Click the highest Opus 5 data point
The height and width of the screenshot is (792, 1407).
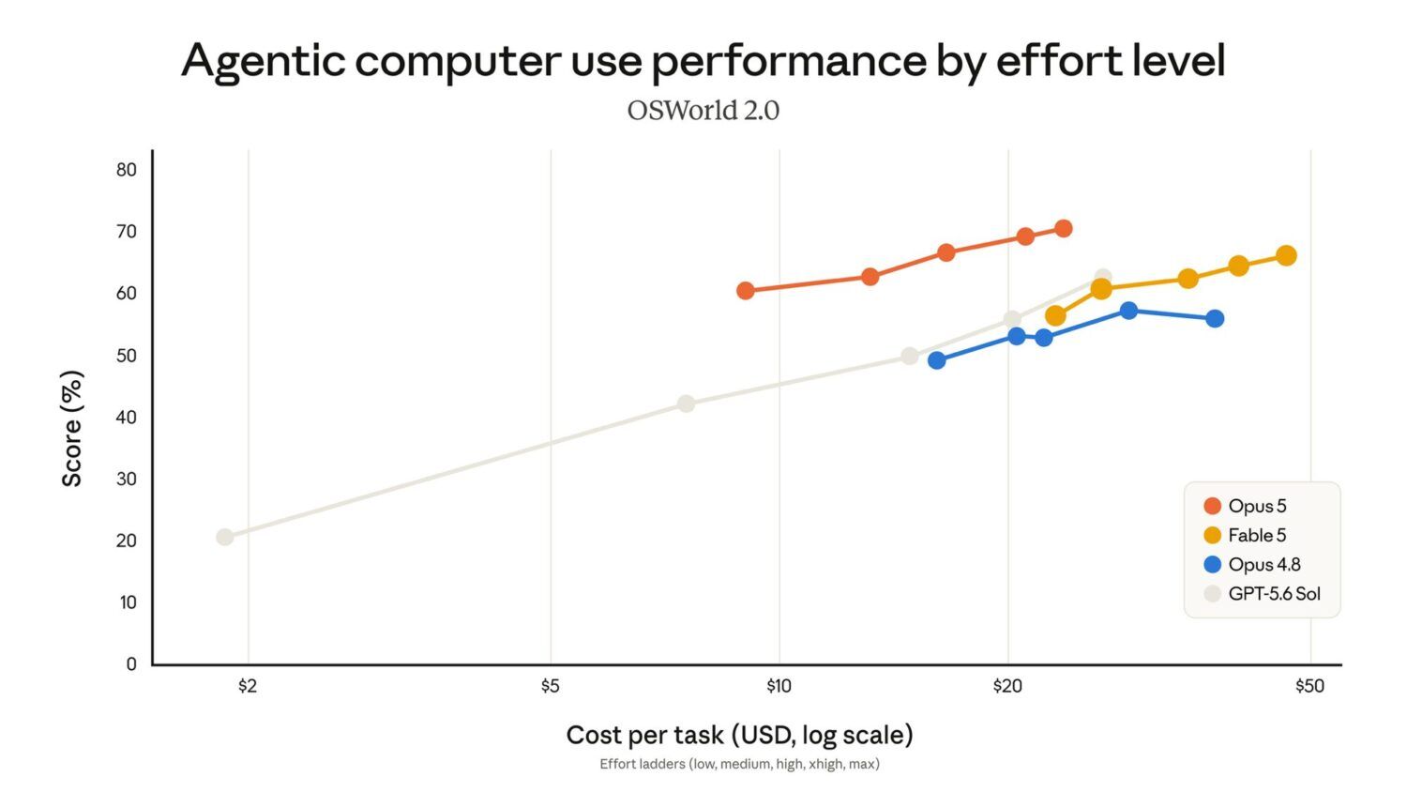pyautogui.click(x=1063, y=228)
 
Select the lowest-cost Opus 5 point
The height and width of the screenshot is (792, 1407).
pyautogui.click(x=745, y=290)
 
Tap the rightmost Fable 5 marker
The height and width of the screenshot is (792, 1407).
pyautogui.click(x=1286, y=256)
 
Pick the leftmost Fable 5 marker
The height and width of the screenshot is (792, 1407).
pyautogui.click(x=1055, y=315)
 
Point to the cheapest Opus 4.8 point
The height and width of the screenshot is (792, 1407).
pyautogui.click(x=936, y=360)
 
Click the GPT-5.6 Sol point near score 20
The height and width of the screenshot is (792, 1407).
pyautogui.click(x=224, y=537)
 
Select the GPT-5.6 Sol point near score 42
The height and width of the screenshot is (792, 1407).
pyautogui.click(x=686, y=404)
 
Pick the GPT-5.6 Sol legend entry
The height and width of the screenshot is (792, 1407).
pyautogui.click(x=1262, y=593)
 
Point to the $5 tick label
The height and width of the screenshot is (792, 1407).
pyautogui.click(x=550, y=686)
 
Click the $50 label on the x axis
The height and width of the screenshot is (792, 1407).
pyautogui.click(x=1309, y=686)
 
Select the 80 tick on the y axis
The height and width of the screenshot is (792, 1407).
pyautogui.click(x=127, y=170)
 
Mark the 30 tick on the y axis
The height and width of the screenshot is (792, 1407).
pyautogui.click(x=127, y=479)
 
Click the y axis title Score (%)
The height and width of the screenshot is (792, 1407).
pyautogui.click(x=71, y=429)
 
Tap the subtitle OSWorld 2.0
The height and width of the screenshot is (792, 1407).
pyautogui.click(x=703, y=111)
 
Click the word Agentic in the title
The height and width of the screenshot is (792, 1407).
pyautogui.click(x=264, y=62)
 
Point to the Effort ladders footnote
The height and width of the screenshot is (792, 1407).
pyautogui.click(x=739, y=764)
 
